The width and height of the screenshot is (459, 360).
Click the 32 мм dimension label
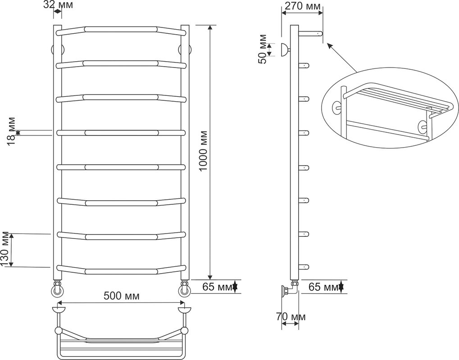pyautogui.click(x=58, y=4)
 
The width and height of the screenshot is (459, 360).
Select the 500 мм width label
pyautogui.click(x=122, y=296)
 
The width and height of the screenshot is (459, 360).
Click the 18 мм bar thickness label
pyautogui.click(x=11, y=132)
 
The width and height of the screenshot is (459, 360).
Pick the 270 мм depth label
pyautogui.click(x=303, y=6)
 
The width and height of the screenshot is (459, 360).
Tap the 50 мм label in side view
pyautogui.click(x=262, y=49)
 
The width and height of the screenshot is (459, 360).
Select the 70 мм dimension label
pyautogui.click(x=291, y=317)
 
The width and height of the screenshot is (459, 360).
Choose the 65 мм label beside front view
pyautogui.click(x=218, y=287)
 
